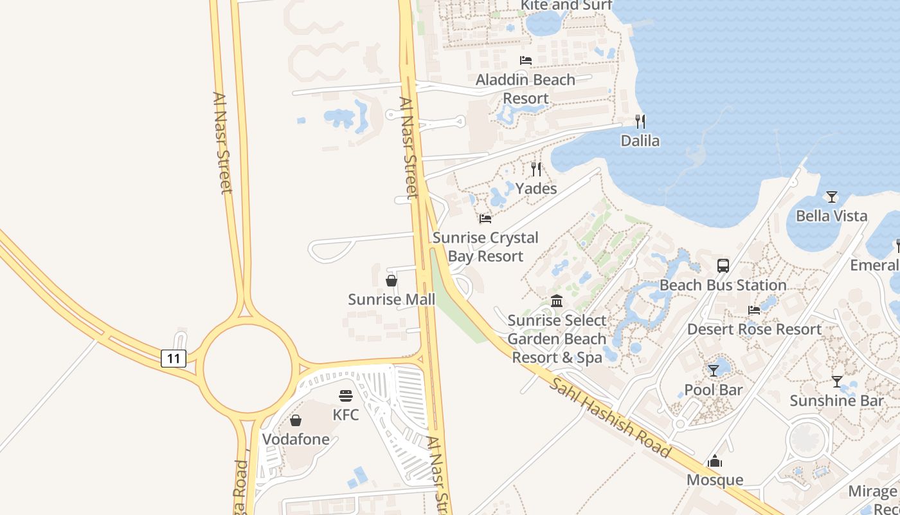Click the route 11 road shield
tap(174, 359)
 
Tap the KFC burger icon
tap(346, 395)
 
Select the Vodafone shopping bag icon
tap(296, 420)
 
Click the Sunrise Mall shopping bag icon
tap(391, 281)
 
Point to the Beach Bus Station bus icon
tap(723, 265)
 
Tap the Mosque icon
tap(714, 461)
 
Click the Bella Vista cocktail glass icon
tap(832, 196)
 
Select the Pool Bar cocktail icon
tap(714, 370)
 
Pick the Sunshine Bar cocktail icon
tap(836, 381)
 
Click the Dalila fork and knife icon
tap(640, 121)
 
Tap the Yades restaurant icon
tap(536, 169)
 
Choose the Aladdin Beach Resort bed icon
tap(526, 61)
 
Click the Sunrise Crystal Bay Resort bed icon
tap(485, 219)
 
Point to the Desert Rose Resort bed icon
tap(754, 310)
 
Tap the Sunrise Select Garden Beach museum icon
tap(557, 301)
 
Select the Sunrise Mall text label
tap(392, 299)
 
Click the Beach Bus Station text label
tap(723, 285)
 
